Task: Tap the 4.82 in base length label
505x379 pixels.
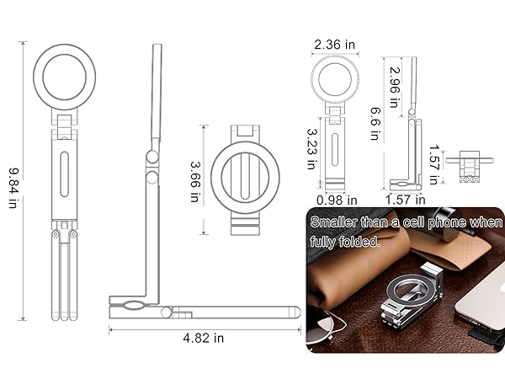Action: coord(205,338)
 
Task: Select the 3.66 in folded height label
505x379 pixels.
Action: coord(194,181)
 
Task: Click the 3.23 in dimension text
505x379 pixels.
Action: coord(311,149)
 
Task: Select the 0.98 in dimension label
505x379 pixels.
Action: coord(337,200)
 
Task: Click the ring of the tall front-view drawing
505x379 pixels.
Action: coord(65,77)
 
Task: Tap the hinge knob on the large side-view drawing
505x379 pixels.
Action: coord(151,157)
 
